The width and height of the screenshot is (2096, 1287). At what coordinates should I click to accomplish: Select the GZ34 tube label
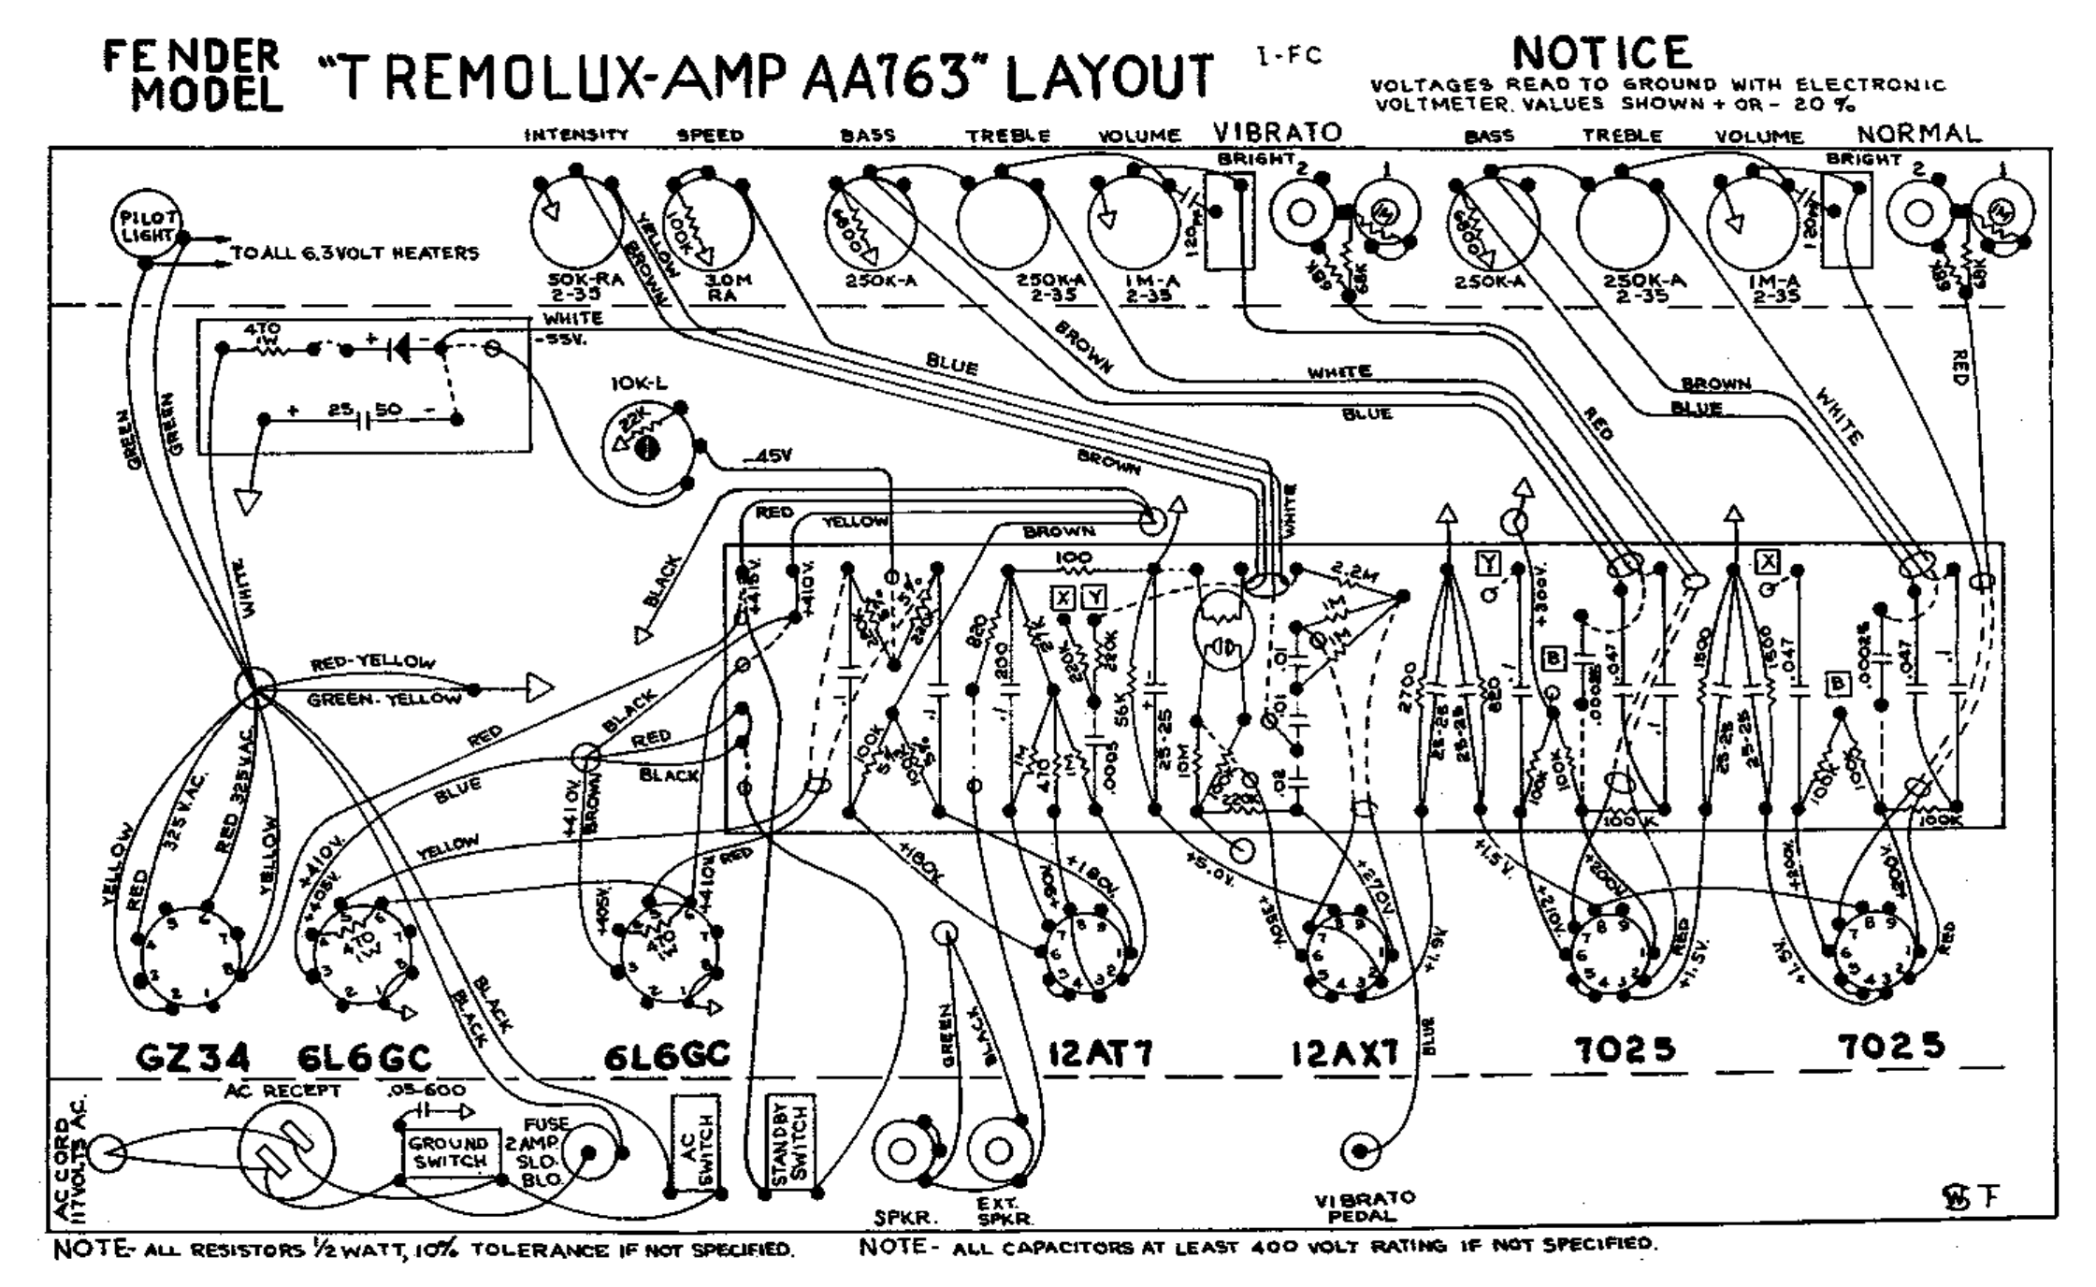tap(194, 1058)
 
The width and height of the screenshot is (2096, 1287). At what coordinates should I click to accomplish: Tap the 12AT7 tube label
tap(1099, 1054)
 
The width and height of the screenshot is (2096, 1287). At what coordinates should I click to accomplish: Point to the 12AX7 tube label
tap(1345, 1054)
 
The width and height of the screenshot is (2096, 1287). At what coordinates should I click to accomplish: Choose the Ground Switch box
tap(450, 1152)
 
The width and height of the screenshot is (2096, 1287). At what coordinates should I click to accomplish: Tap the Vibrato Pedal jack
tap(1360, 1150)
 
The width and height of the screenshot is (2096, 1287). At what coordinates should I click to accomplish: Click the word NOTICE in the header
tap(1601, 53)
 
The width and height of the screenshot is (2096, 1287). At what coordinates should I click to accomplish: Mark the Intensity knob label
tap(575, 135)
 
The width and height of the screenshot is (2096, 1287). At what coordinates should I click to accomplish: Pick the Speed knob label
tap(710, 135)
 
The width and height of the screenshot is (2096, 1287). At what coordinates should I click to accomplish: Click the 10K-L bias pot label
tap(640, 383)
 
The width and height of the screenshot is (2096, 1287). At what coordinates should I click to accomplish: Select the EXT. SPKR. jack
tap(999, 1150)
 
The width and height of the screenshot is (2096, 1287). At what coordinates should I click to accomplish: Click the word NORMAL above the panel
tap(1918, 134)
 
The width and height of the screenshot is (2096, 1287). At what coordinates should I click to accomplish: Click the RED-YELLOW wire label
tap(372, 663)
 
